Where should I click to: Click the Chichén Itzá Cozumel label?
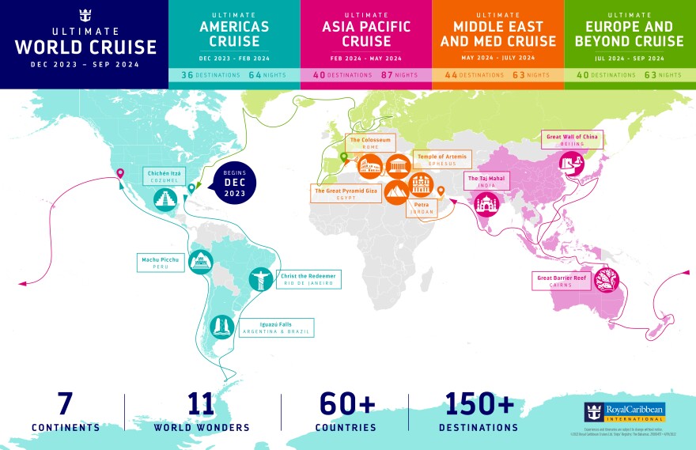tap(162, 176)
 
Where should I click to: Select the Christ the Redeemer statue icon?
tap(259, 279)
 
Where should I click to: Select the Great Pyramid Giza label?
tap(346, 194)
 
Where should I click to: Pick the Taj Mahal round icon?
tap(486, 205)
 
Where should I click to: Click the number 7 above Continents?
tap(66, 403)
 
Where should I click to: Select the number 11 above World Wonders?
tap(202, 403)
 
